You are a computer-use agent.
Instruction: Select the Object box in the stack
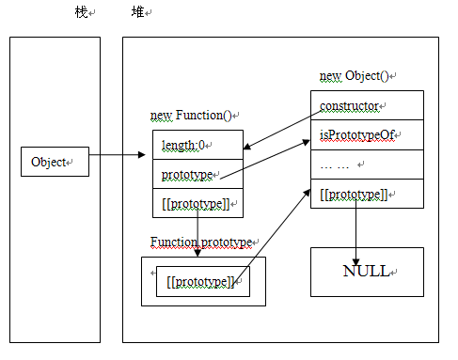point(54,162)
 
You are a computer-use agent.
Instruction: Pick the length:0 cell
point(197,145)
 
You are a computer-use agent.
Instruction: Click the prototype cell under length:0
point(197,174)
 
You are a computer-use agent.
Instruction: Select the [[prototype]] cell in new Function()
point(197,203)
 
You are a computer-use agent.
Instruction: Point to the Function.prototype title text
point(201,243)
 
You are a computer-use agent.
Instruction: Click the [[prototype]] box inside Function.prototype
point(202,282)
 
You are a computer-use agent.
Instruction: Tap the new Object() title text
point(357,75)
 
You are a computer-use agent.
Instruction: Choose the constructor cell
point(367,105)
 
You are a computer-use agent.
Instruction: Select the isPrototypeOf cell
point(367,134)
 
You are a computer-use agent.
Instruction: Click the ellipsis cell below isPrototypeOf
point(367,164)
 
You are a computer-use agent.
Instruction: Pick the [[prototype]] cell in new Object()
point(367,195)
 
